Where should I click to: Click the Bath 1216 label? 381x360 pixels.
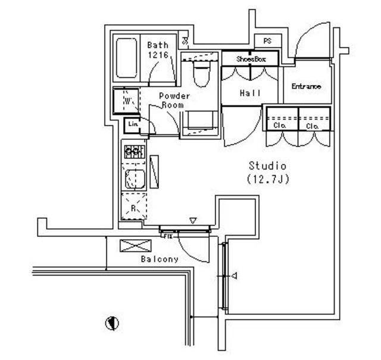158,49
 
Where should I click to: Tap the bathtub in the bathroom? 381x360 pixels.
126,59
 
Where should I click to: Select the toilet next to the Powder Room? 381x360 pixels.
201,74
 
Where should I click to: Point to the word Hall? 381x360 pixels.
250,93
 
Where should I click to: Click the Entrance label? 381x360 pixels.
306,87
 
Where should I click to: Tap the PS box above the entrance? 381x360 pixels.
267,41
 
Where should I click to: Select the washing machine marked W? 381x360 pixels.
127,101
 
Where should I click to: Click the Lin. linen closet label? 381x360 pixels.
132,124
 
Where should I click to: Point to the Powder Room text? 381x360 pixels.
174,100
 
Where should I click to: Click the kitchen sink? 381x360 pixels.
135,178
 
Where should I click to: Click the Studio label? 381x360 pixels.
268,165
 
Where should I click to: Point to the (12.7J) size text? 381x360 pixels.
268,178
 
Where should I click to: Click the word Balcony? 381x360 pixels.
160,259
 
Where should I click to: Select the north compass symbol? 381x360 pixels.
111,323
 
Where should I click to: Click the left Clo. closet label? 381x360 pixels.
280,126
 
